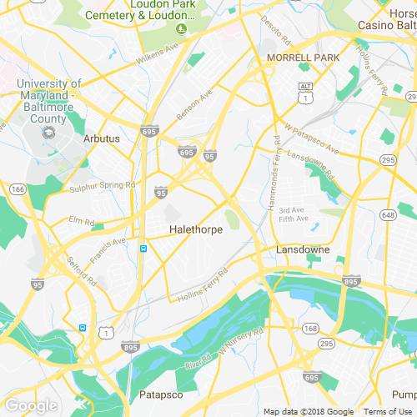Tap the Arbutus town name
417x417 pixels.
coord(102,138)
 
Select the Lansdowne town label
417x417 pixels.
coord(303,249)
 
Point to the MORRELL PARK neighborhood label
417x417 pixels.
coord(303,58)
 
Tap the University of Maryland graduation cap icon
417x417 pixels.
coord(48,132)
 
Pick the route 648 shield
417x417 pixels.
coord(389,215)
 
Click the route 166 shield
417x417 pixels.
coord(16,190)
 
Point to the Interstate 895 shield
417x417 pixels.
coord(352,281)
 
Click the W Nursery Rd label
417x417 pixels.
coord(236,339)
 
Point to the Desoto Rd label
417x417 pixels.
coord(274,31)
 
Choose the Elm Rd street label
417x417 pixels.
coord(82,221)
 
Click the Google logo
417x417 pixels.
coord(31,406)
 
